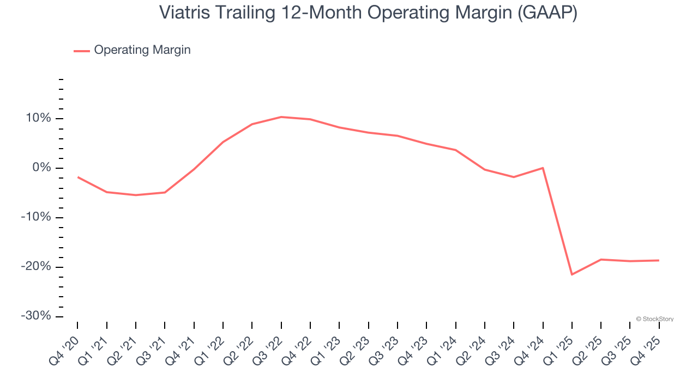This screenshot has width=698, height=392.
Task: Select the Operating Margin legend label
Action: (142, 50)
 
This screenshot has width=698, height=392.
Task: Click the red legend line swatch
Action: (82, 51)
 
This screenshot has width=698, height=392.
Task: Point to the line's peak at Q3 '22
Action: (281, 117)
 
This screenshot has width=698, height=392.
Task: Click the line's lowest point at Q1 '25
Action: (572, 274)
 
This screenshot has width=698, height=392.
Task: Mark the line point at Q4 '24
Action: (543, 168)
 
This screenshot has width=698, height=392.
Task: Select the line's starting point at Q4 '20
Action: (77, 177)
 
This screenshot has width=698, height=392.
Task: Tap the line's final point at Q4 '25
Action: (659, 260)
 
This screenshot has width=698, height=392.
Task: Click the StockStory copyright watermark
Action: (654, 319)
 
